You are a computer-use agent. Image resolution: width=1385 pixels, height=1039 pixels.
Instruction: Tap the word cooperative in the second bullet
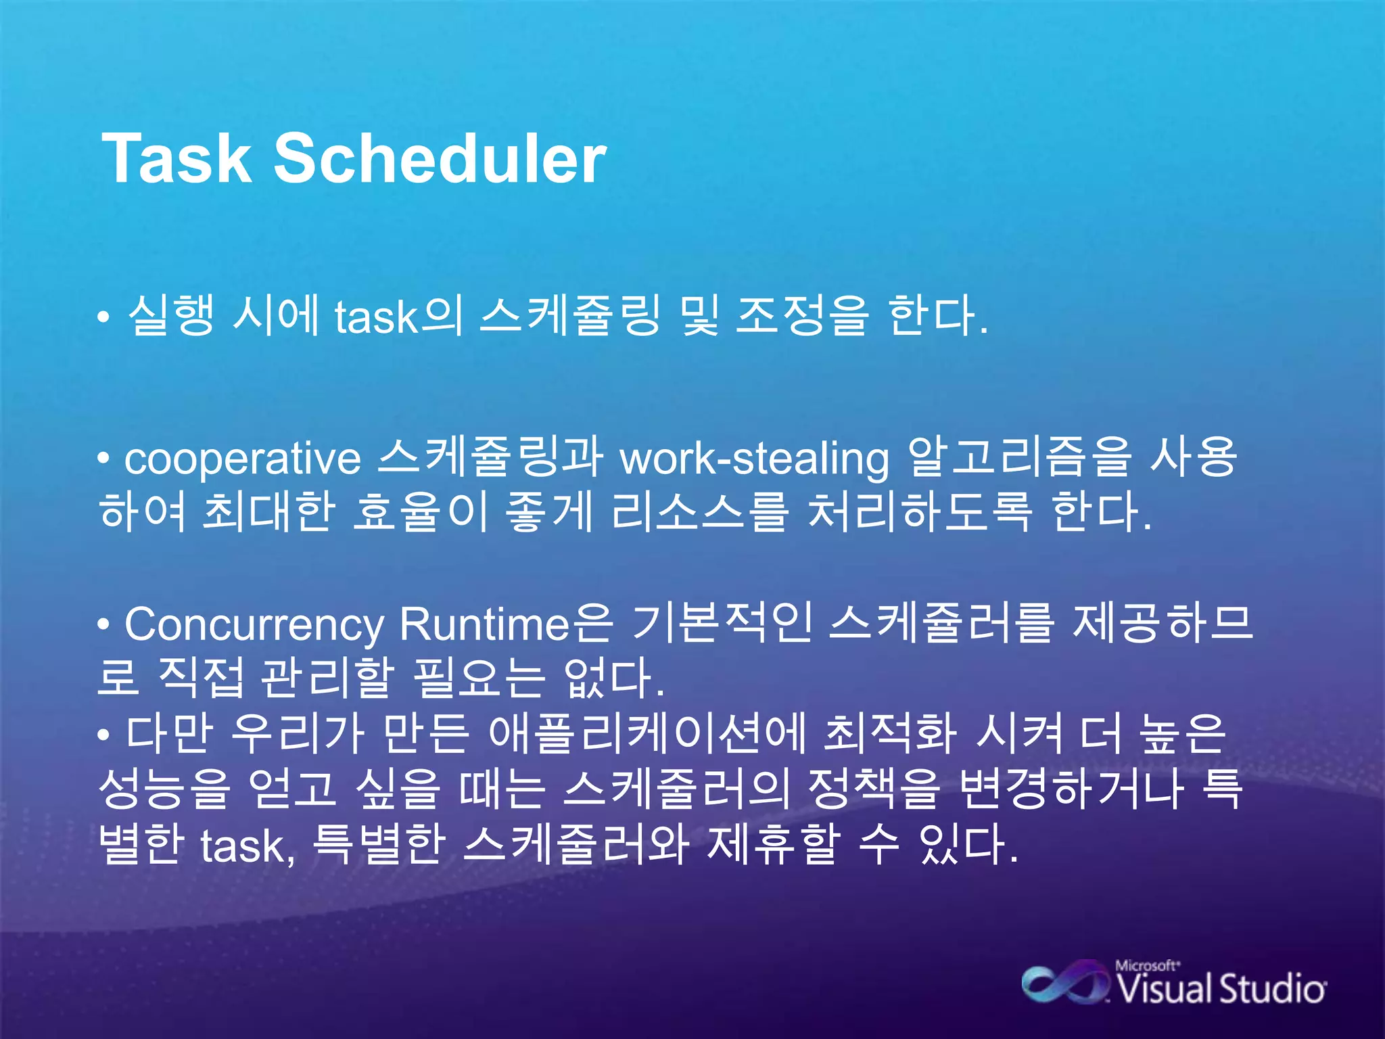(x=243, y=459)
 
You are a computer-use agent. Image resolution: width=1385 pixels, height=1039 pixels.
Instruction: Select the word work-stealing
(x=755, y=459)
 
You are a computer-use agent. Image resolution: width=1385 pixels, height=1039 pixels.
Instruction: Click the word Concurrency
(x=254, y=625)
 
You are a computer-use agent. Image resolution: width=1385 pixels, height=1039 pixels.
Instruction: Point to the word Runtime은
(x=506, y=624)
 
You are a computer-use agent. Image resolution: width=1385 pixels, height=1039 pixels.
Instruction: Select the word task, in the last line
(x=248, y=846)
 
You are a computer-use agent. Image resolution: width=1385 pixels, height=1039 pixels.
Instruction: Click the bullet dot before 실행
(x=103, y=317)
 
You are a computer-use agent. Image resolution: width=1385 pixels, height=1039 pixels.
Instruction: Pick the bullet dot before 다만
(x=103, y=735)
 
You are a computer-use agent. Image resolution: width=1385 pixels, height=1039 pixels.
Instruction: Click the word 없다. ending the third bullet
(x=614, y=678)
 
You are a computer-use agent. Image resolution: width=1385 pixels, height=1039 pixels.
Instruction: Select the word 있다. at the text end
(x=968, y=845)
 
